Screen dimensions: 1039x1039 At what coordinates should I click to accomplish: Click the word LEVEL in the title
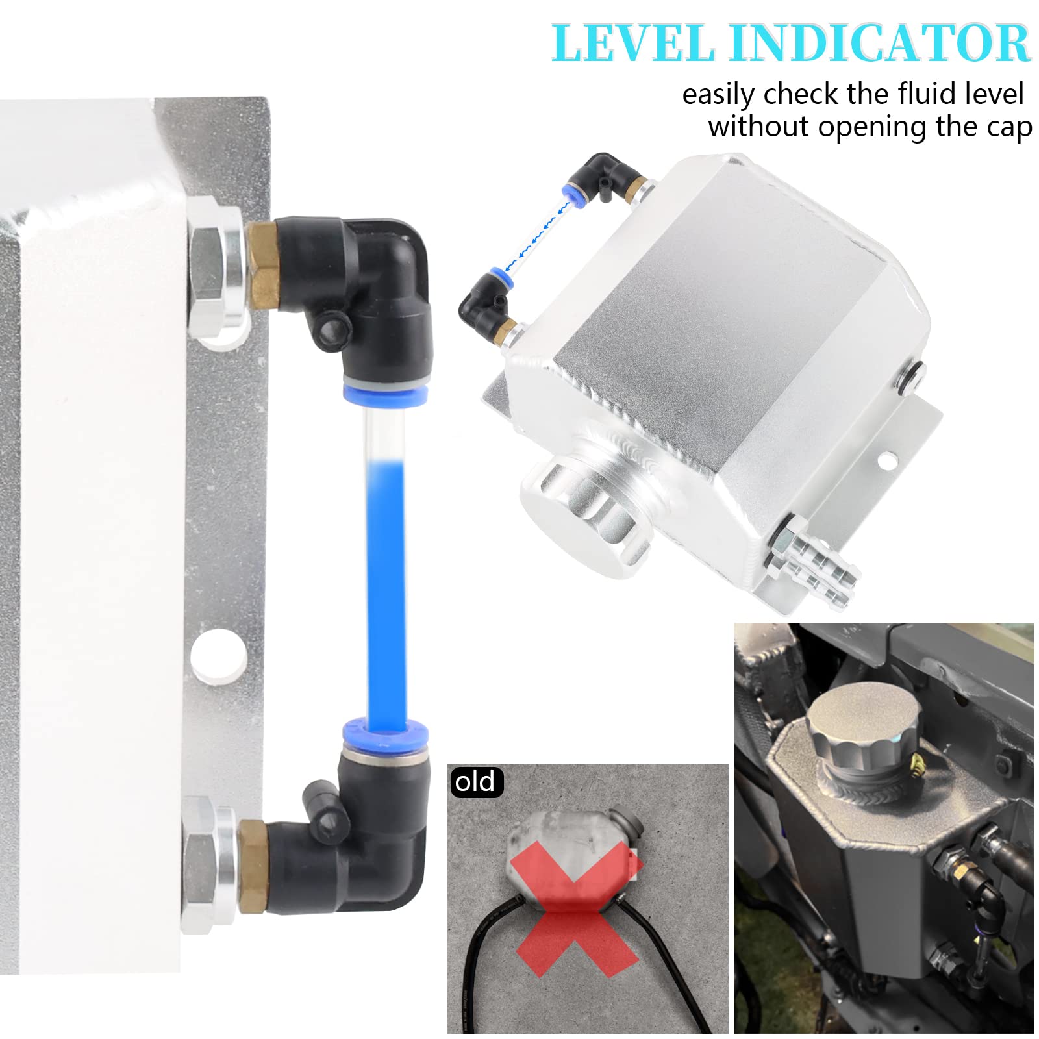point(633,43)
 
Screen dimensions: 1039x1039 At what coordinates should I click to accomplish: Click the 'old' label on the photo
point(475,782)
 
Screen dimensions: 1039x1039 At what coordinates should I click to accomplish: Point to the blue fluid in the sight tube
point(386,584)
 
